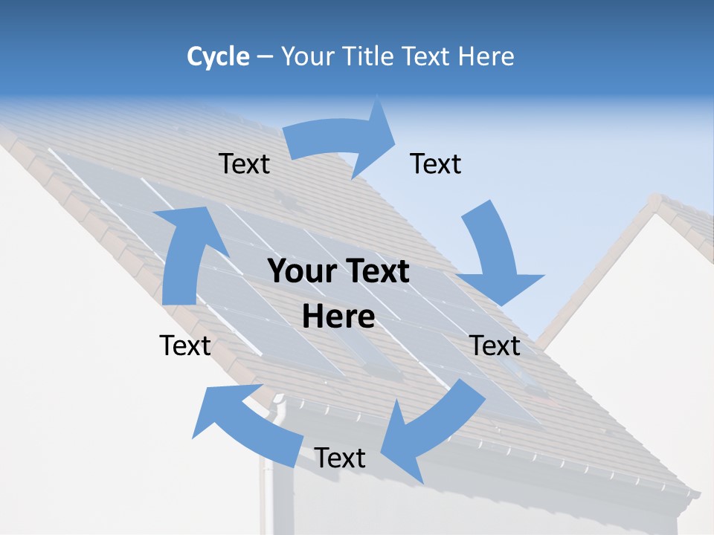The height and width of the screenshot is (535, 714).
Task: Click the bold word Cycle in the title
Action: (x=218, y=56)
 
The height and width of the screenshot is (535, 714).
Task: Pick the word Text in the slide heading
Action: (x=425, y=56)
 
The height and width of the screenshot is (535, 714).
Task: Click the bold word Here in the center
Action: (x=338, y=317)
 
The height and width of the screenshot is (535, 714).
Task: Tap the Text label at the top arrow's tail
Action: (x=244, y=164)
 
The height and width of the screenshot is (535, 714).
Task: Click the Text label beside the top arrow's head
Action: (x=436, y=164)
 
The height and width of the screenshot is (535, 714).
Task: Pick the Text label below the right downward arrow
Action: (x=495, y=346)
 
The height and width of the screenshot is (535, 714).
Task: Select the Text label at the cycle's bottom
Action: (x=340, y=458)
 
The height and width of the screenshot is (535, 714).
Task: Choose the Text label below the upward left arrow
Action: (x=185, y=346)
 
